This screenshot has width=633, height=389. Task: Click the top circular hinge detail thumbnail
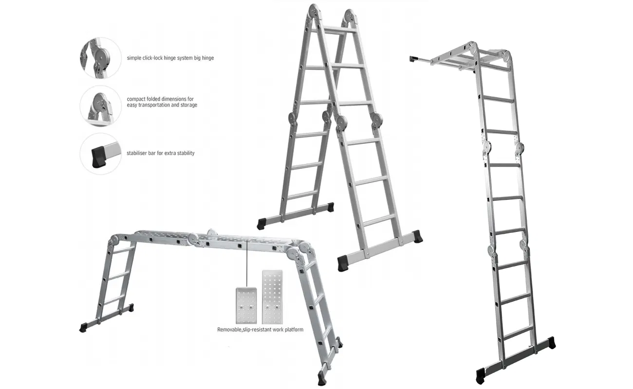(x=100, y=58)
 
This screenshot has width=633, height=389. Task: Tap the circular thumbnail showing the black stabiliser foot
(x=100, y=154)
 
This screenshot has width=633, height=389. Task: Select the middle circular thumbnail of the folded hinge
(x=100, y=106)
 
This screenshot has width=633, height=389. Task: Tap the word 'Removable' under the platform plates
(x=231, y=330)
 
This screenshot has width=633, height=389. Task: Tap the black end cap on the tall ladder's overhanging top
(x=413, y=59)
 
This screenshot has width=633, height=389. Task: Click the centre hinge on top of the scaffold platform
(x=211, y=233)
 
